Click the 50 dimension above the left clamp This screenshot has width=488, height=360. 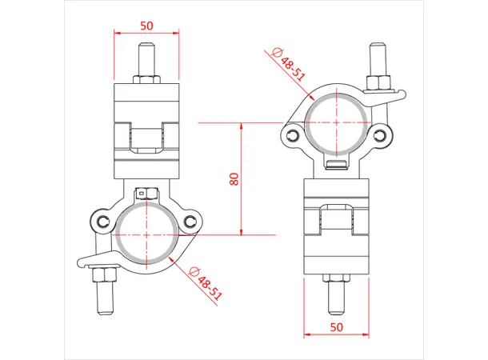pos(146,26)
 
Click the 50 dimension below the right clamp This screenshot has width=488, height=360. pos(336,326)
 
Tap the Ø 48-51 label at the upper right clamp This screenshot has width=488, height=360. pos(289,63)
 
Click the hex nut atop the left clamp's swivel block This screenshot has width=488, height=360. pos(146,79)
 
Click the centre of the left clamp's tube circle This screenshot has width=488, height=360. pos(146,234)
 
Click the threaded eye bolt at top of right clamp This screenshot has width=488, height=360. pos(377,59)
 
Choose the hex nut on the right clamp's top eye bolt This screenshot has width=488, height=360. pos(377,82)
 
